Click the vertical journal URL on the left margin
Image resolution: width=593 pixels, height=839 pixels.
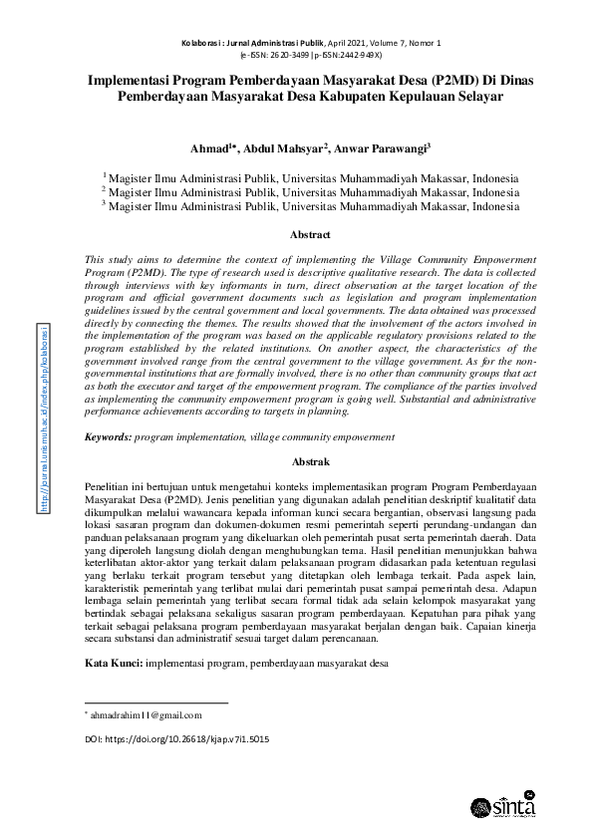[44, 431]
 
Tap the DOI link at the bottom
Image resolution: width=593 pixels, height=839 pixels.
[176, 741]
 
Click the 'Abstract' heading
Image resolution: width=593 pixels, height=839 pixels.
[310, 236]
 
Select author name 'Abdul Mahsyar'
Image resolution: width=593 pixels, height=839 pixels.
[288, 149]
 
